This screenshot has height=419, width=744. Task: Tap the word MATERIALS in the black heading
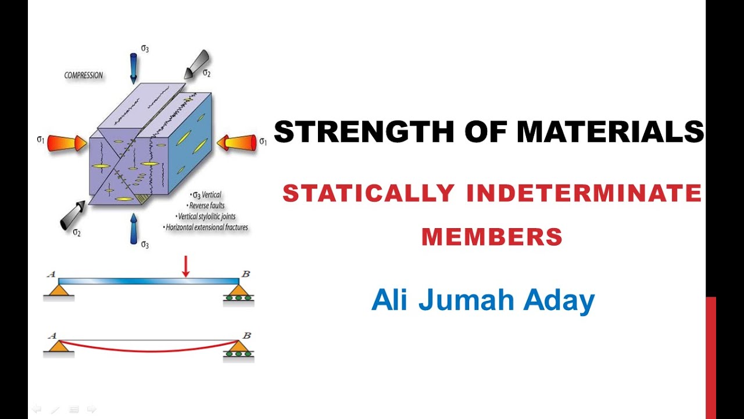click(x=610, y=132)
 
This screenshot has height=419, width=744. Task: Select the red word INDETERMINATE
click(x=584, y=193)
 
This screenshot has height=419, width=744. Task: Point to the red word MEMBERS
click(x=492, y=236)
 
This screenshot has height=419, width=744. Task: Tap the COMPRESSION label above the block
click(x=84, y=75)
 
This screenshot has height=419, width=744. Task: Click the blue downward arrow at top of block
click(x=133, y=67)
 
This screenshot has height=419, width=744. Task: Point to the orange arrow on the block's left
click(x=67, y=143)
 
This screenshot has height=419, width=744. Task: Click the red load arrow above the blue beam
click(x=186, y=266)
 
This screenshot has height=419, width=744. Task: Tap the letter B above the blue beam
click(x=246, y=274)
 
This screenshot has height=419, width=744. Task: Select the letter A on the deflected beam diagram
click(x=53, y=335)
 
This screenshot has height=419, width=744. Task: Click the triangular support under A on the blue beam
click(x=59, y=290)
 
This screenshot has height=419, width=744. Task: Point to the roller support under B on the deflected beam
click(x=239, y=349)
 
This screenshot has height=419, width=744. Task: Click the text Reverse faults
click(x=207, y=205)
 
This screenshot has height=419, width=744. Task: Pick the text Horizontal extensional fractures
click(x=207, y=227)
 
